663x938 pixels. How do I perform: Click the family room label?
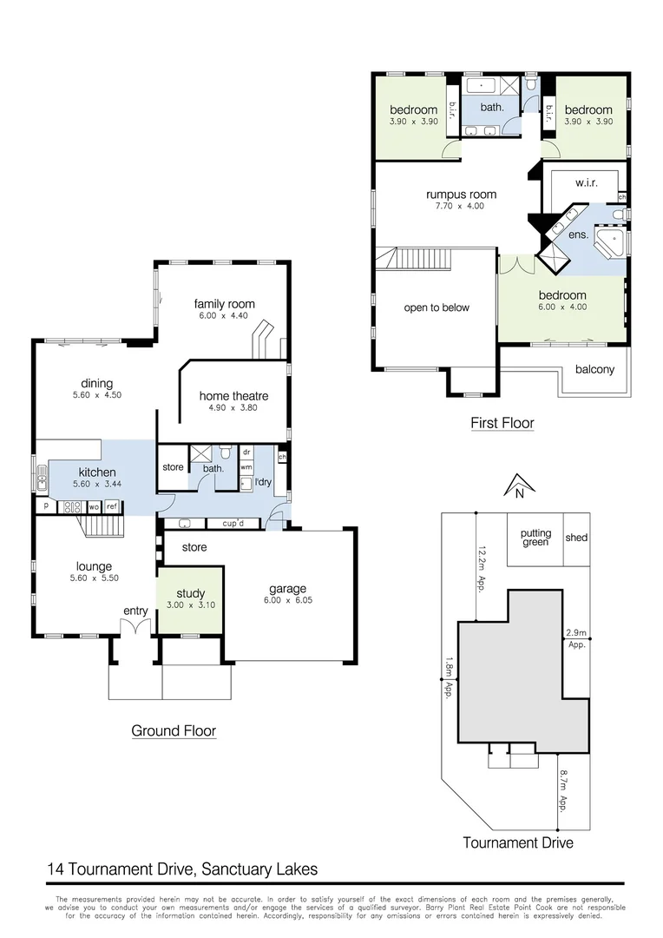coord(224,304)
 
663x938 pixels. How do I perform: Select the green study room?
coord(190,600)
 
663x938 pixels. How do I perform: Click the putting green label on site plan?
coord(535,538)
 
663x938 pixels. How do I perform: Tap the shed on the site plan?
coord(576,538)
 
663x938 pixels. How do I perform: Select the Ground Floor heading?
coord(174,731)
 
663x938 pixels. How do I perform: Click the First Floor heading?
coord(502,424)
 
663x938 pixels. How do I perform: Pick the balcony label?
coord(594,369)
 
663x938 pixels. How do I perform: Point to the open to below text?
coord(437,307)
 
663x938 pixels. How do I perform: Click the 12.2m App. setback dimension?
coord(479,568)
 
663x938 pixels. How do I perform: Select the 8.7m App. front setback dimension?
coord(563,789)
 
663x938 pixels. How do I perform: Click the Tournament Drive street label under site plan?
coord(517,842)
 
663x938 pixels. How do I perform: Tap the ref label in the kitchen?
coord(111,505)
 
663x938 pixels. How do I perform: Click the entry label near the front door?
coord(135,611)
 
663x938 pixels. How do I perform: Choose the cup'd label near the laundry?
coord(231,524)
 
